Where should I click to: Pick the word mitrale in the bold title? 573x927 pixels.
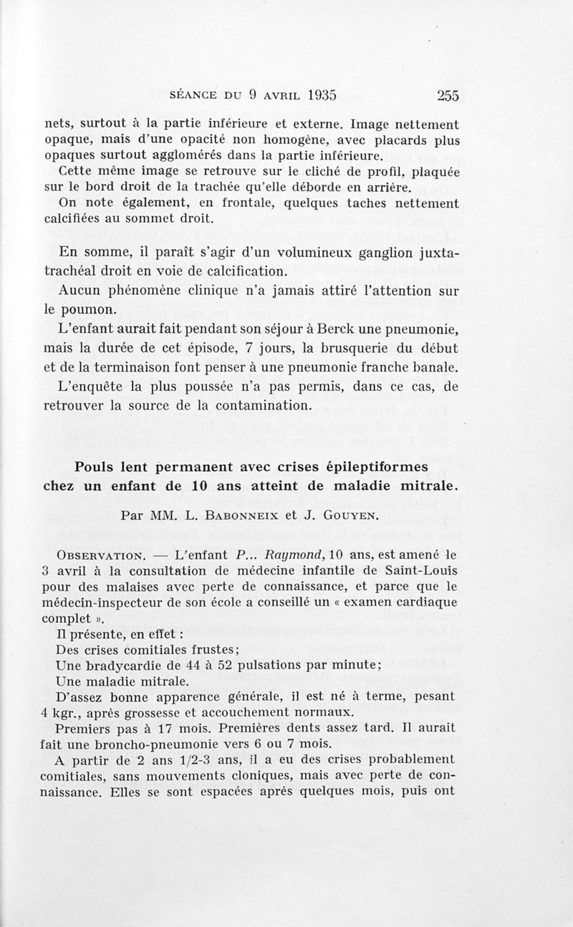[x=431, y=487]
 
